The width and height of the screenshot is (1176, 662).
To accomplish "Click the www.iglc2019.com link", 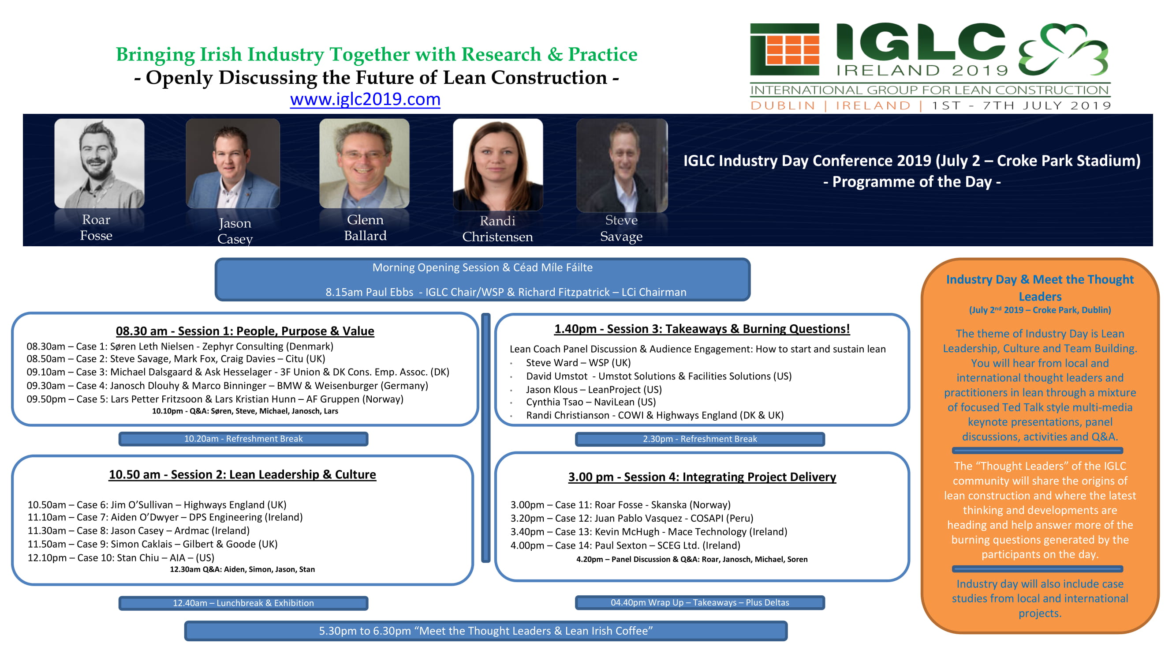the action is click(x=365, y=99).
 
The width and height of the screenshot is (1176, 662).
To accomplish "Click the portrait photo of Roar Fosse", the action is click(x=100, y=164).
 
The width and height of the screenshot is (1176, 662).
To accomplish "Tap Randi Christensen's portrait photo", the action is click(x=498, y=165).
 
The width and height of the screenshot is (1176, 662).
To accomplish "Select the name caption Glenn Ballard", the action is click(x=365, y=228).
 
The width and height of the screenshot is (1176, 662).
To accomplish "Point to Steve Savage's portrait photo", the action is click(x=622, y=165).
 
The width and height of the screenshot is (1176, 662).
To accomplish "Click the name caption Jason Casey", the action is click(x=235, y=231).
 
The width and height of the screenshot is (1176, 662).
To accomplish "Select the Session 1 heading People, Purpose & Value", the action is click(x=245, y=331).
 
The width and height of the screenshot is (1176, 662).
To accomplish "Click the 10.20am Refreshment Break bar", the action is click(x=243, y=439).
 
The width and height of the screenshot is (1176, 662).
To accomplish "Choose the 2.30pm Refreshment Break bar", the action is click(x=700, y=439).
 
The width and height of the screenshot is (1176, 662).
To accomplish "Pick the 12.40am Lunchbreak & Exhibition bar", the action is click(x=243, y=603).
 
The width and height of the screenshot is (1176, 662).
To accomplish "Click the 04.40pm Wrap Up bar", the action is click(x=700, y=602).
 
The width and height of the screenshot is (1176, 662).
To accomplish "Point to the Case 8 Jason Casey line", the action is click(x=139, y=531).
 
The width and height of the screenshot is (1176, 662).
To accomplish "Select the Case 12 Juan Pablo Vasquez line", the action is click(x=632, y=519).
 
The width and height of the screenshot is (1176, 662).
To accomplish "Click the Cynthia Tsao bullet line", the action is click(x=591, y=402).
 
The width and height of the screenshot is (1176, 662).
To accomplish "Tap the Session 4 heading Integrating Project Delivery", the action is click(x=702, y=477).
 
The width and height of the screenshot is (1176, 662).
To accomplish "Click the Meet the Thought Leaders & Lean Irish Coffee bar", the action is click(x=486, y=631).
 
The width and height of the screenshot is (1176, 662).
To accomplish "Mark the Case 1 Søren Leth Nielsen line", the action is click(x=180, y=346).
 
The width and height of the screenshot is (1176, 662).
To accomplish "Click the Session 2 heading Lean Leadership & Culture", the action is click(x=243, y=475).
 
